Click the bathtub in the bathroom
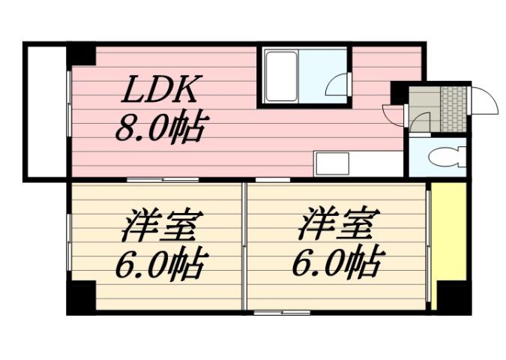pos(281,76)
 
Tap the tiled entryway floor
pos(454,109)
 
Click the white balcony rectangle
pos(46,112)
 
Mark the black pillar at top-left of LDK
pos(80,55)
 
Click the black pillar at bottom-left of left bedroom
pos(80,298)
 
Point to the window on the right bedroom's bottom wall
pos(282,311)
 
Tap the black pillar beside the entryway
pos(400,91)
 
